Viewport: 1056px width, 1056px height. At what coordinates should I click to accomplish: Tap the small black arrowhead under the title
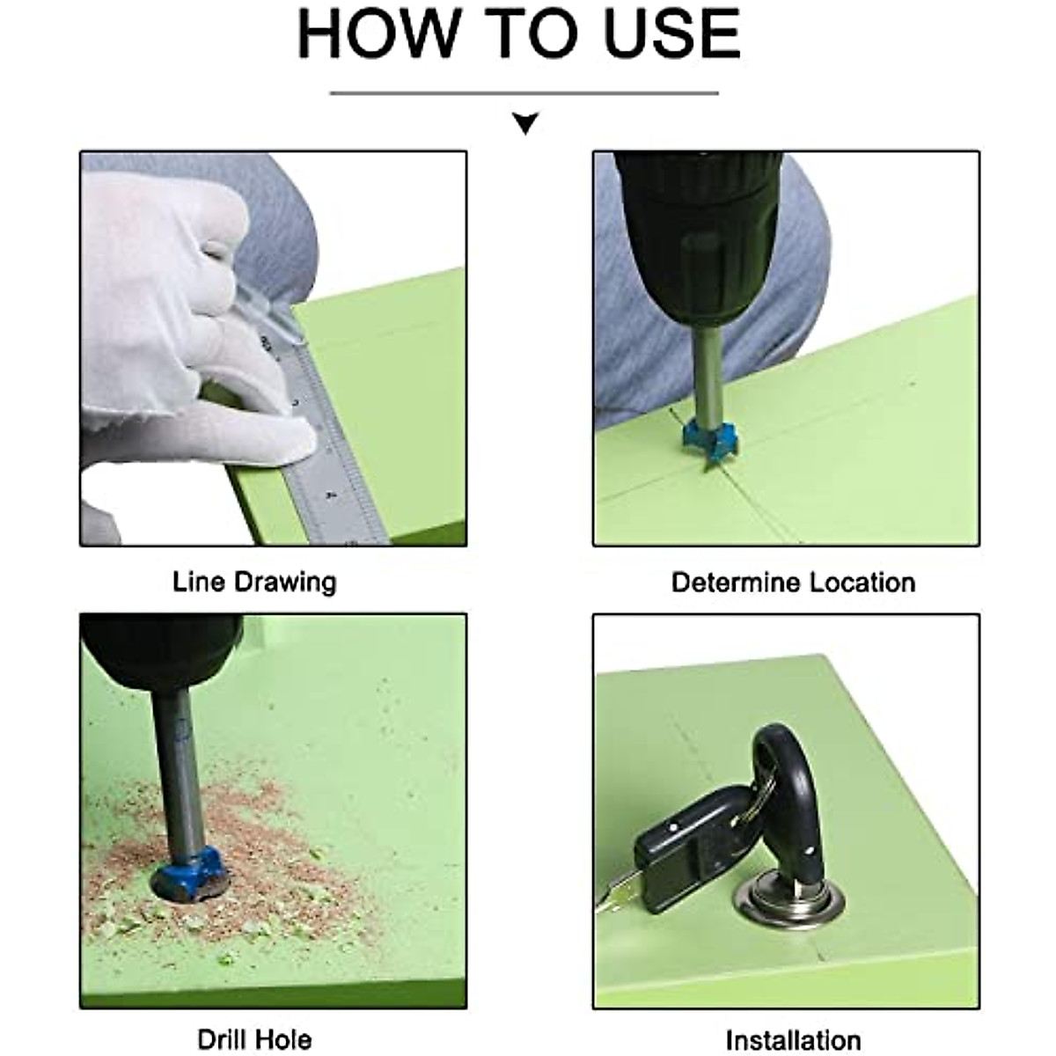click(525, 122)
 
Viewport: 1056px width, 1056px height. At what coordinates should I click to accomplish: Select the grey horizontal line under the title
click(524, 93)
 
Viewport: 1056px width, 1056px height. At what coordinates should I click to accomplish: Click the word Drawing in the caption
click(285, 583)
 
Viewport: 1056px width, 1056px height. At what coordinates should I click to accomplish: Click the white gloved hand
click(187, 329)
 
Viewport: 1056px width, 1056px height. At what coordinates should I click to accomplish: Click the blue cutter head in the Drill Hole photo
click(189, 876)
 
